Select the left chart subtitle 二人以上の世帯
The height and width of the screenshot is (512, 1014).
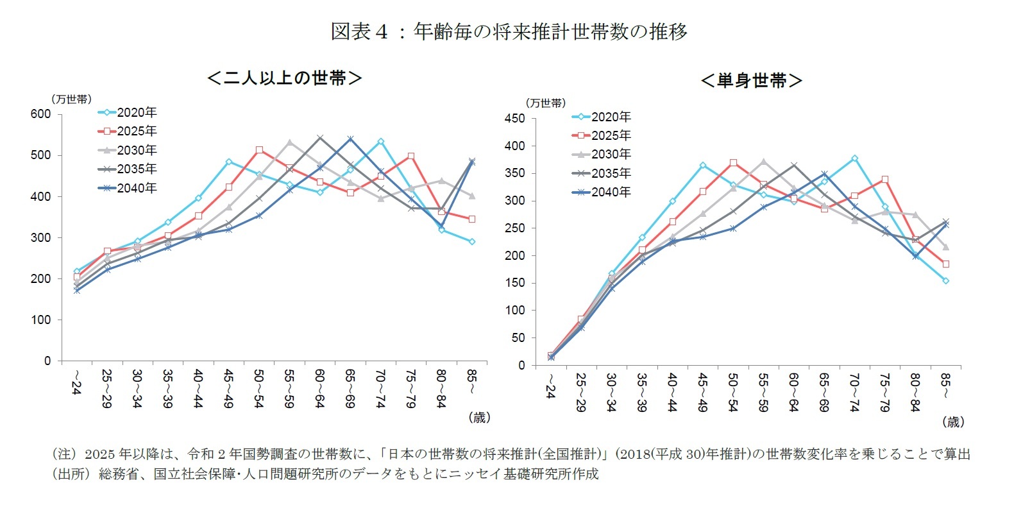tap(285, 78)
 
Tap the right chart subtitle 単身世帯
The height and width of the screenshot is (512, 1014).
tap(751, 81)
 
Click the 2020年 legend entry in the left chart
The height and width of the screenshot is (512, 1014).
tap(136, 112)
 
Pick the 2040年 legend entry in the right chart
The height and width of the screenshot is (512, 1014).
tap(611, 192)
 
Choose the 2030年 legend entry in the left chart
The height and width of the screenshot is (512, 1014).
tap(136, 150)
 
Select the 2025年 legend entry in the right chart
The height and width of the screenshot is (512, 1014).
tap(611, 135)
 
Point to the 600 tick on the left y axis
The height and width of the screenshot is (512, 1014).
tap(40, 114)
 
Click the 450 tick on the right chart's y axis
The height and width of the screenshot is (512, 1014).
tap(515, 119)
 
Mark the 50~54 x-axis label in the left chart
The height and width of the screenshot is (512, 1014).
tap(258, 388)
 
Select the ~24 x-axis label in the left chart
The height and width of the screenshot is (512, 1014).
tap(76, 382)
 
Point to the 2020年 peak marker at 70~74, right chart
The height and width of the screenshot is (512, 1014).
tap(854, 158)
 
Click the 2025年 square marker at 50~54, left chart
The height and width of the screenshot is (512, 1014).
tap(259, 150)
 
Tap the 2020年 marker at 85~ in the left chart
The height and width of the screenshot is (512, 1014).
tap(471, 242)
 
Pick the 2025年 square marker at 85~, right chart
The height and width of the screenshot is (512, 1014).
tap(945, 264)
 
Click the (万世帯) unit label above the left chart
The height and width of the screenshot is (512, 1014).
tap(71, 99)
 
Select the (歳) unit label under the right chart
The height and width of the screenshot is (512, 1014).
tap(952, 422)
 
